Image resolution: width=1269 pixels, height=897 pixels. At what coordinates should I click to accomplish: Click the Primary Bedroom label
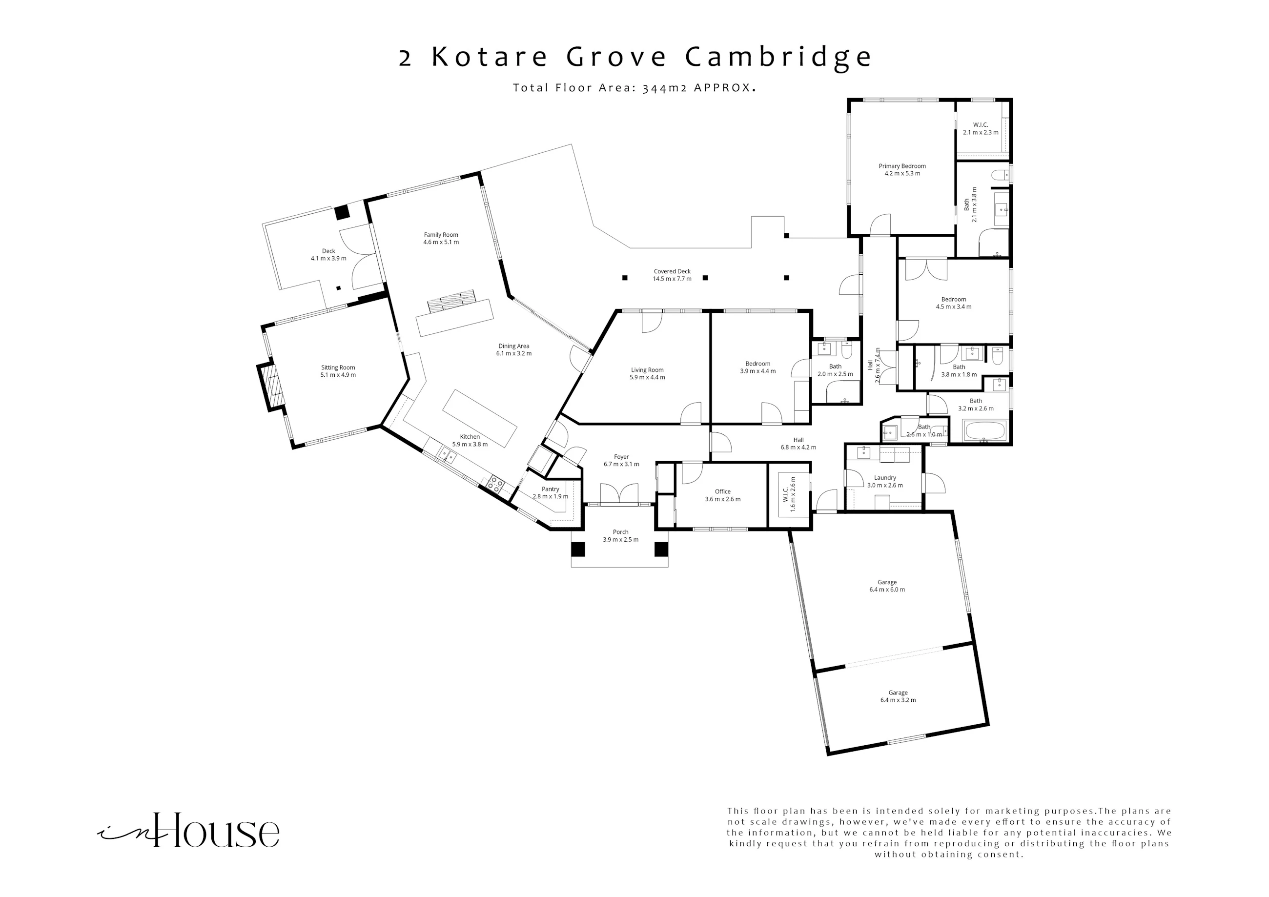point(902,166)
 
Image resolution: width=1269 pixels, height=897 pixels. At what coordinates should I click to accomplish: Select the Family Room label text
point(441,235)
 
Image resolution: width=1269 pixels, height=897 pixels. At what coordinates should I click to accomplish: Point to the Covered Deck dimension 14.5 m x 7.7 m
point(672,279)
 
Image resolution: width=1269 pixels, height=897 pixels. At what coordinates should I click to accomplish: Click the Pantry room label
point(551,489)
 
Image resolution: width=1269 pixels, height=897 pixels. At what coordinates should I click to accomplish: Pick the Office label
point(722,491)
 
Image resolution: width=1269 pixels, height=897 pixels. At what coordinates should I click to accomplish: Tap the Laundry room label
point(885,477)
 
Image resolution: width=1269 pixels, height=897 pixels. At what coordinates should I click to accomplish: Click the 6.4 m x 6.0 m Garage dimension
point(887,590)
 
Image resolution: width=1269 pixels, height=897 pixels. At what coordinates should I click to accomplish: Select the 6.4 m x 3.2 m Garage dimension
point(898,700)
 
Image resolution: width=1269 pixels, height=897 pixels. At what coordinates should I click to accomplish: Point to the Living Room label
point(647,370)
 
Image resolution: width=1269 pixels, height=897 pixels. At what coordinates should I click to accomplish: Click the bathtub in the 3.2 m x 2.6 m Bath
point(985,431)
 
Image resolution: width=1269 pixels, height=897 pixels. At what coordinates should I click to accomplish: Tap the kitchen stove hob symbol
point(496,484)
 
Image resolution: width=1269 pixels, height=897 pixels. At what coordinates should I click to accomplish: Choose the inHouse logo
point(188,830)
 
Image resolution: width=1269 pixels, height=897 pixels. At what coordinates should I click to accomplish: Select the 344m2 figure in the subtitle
point(665,88)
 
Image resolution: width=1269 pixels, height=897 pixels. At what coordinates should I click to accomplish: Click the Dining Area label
point(513,346)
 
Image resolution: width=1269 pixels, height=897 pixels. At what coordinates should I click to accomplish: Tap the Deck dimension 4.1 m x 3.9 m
point(328,259)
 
